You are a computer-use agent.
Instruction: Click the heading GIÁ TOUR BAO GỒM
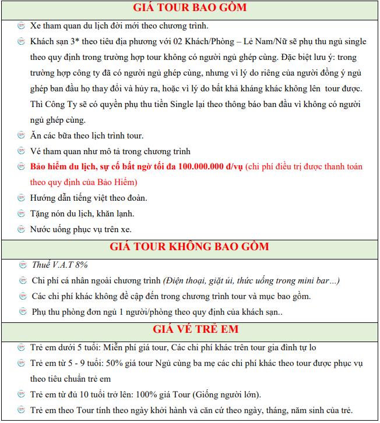coord(190,8)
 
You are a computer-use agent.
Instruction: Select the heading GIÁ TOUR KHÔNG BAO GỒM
coord(190,246)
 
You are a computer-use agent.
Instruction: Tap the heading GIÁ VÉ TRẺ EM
coord(190,329)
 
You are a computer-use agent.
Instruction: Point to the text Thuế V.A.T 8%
coord(59,265)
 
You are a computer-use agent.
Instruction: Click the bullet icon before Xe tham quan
coord(21,26)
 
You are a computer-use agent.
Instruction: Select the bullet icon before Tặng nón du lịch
coord(21,214)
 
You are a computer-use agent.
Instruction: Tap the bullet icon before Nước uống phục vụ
coord(21,229)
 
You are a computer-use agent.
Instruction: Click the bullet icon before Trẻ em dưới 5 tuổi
coord(21,347)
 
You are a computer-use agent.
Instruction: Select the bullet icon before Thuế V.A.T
coord(21,265)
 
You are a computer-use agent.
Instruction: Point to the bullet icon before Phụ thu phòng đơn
coord(21,312)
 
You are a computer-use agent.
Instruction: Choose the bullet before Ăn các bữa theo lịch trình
coord(21,136)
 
